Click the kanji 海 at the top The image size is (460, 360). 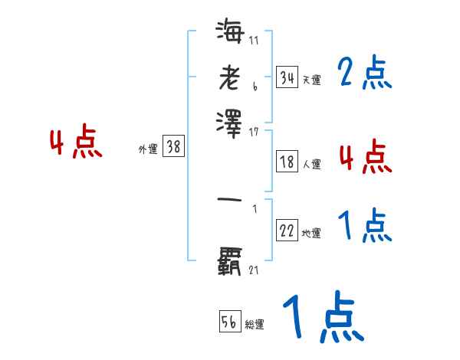tap(230, 34)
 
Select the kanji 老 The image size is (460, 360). tap(230, 77)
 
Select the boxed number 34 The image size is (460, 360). tap(287, 77)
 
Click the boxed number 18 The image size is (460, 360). tap(287, 162)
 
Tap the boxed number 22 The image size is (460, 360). tap(287, 231)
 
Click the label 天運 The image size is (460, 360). tap(311, 79)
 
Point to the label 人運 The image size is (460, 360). tap(311, 164)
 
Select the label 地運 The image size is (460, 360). tap(311, 234)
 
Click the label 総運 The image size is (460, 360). tap(255, 325)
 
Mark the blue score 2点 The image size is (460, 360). tap(365, 74)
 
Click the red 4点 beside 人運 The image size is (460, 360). tap(365, 157)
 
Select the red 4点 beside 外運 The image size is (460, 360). tap(76, 143)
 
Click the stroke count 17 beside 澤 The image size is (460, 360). tap(254, 133)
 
